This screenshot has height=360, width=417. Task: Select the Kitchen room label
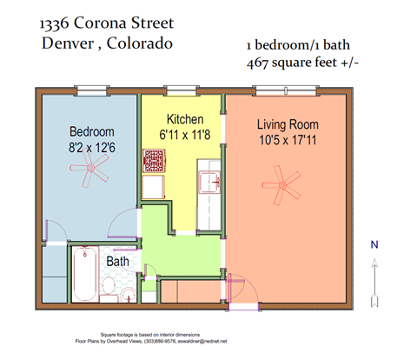pyautogui.click(x=185, y=119)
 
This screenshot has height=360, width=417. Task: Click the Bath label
pyautogui.click(x=118, y=260)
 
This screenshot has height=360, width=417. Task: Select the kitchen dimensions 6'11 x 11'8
pyautogui.click(x=185, y=135)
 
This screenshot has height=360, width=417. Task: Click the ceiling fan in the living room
pyautogui.click(x=283, y=185)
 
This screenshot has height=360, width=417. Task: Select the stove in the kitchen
pyautogui.click(x=156, y=162)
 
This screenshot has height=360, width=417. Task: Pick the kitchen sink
pyautogui.click(x=209, y=183)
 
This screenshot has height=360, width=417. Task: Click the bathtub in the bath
pyautogui.click(x=84, y=274)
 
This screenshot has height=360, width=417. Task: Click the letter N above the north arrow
pyautogui.click(x=374, y=245)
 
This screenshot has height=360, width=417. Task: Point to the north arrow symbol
pyautogui.click(x=374, y=283)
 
